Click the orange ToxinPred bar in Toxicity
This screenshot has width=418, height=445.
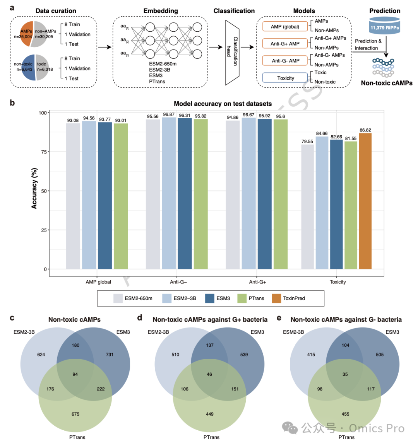click(365, 201)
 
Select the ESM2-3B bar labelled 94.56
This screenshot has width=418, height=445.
click(89, 195)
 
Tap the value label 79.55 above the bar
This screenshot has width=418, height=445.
click(307, 142)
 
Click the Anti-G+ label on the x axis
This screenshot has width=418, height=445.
click(257, 282)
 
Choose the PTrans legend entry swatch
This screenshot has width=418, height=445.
click(242, 298)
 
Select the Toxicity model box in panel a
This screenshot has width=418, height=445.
click(285, 78)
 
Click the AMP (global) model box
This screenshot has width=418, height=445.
click(285, 26)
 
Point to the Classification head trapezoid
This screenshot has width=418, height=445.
click(232, 53)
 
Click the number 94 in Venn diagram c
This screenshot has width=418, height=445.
click(75, 374)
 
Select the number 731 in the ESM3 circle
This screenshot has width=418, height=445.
click(110, 355)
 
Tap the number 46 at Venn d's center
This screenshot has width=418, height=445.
click(209, 374)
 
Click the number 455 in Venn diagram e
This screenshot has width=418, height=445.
click(345, 414)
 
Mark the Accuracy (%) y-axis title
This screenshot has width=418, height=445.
click(34, 189)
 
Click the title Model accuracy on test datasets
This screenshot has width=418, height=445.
click(223, 104)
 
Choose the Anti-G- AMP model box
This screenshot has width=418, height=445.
click(285, 61)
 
